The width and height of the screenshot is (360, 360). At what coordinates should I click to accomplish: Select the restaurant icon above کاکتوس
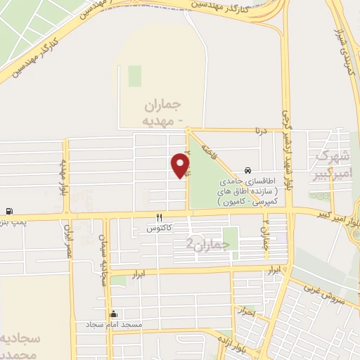pos(159,217)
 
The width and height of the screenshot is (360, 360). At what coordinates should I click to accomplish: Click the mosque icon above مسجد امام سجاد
pos(112,314)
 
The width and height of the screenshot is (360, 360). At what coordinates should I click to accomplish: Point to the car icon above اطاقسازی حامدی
pos(247,171)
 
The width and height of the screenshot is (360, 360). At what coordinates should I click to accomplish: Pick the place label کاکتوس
pos(159,229)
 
